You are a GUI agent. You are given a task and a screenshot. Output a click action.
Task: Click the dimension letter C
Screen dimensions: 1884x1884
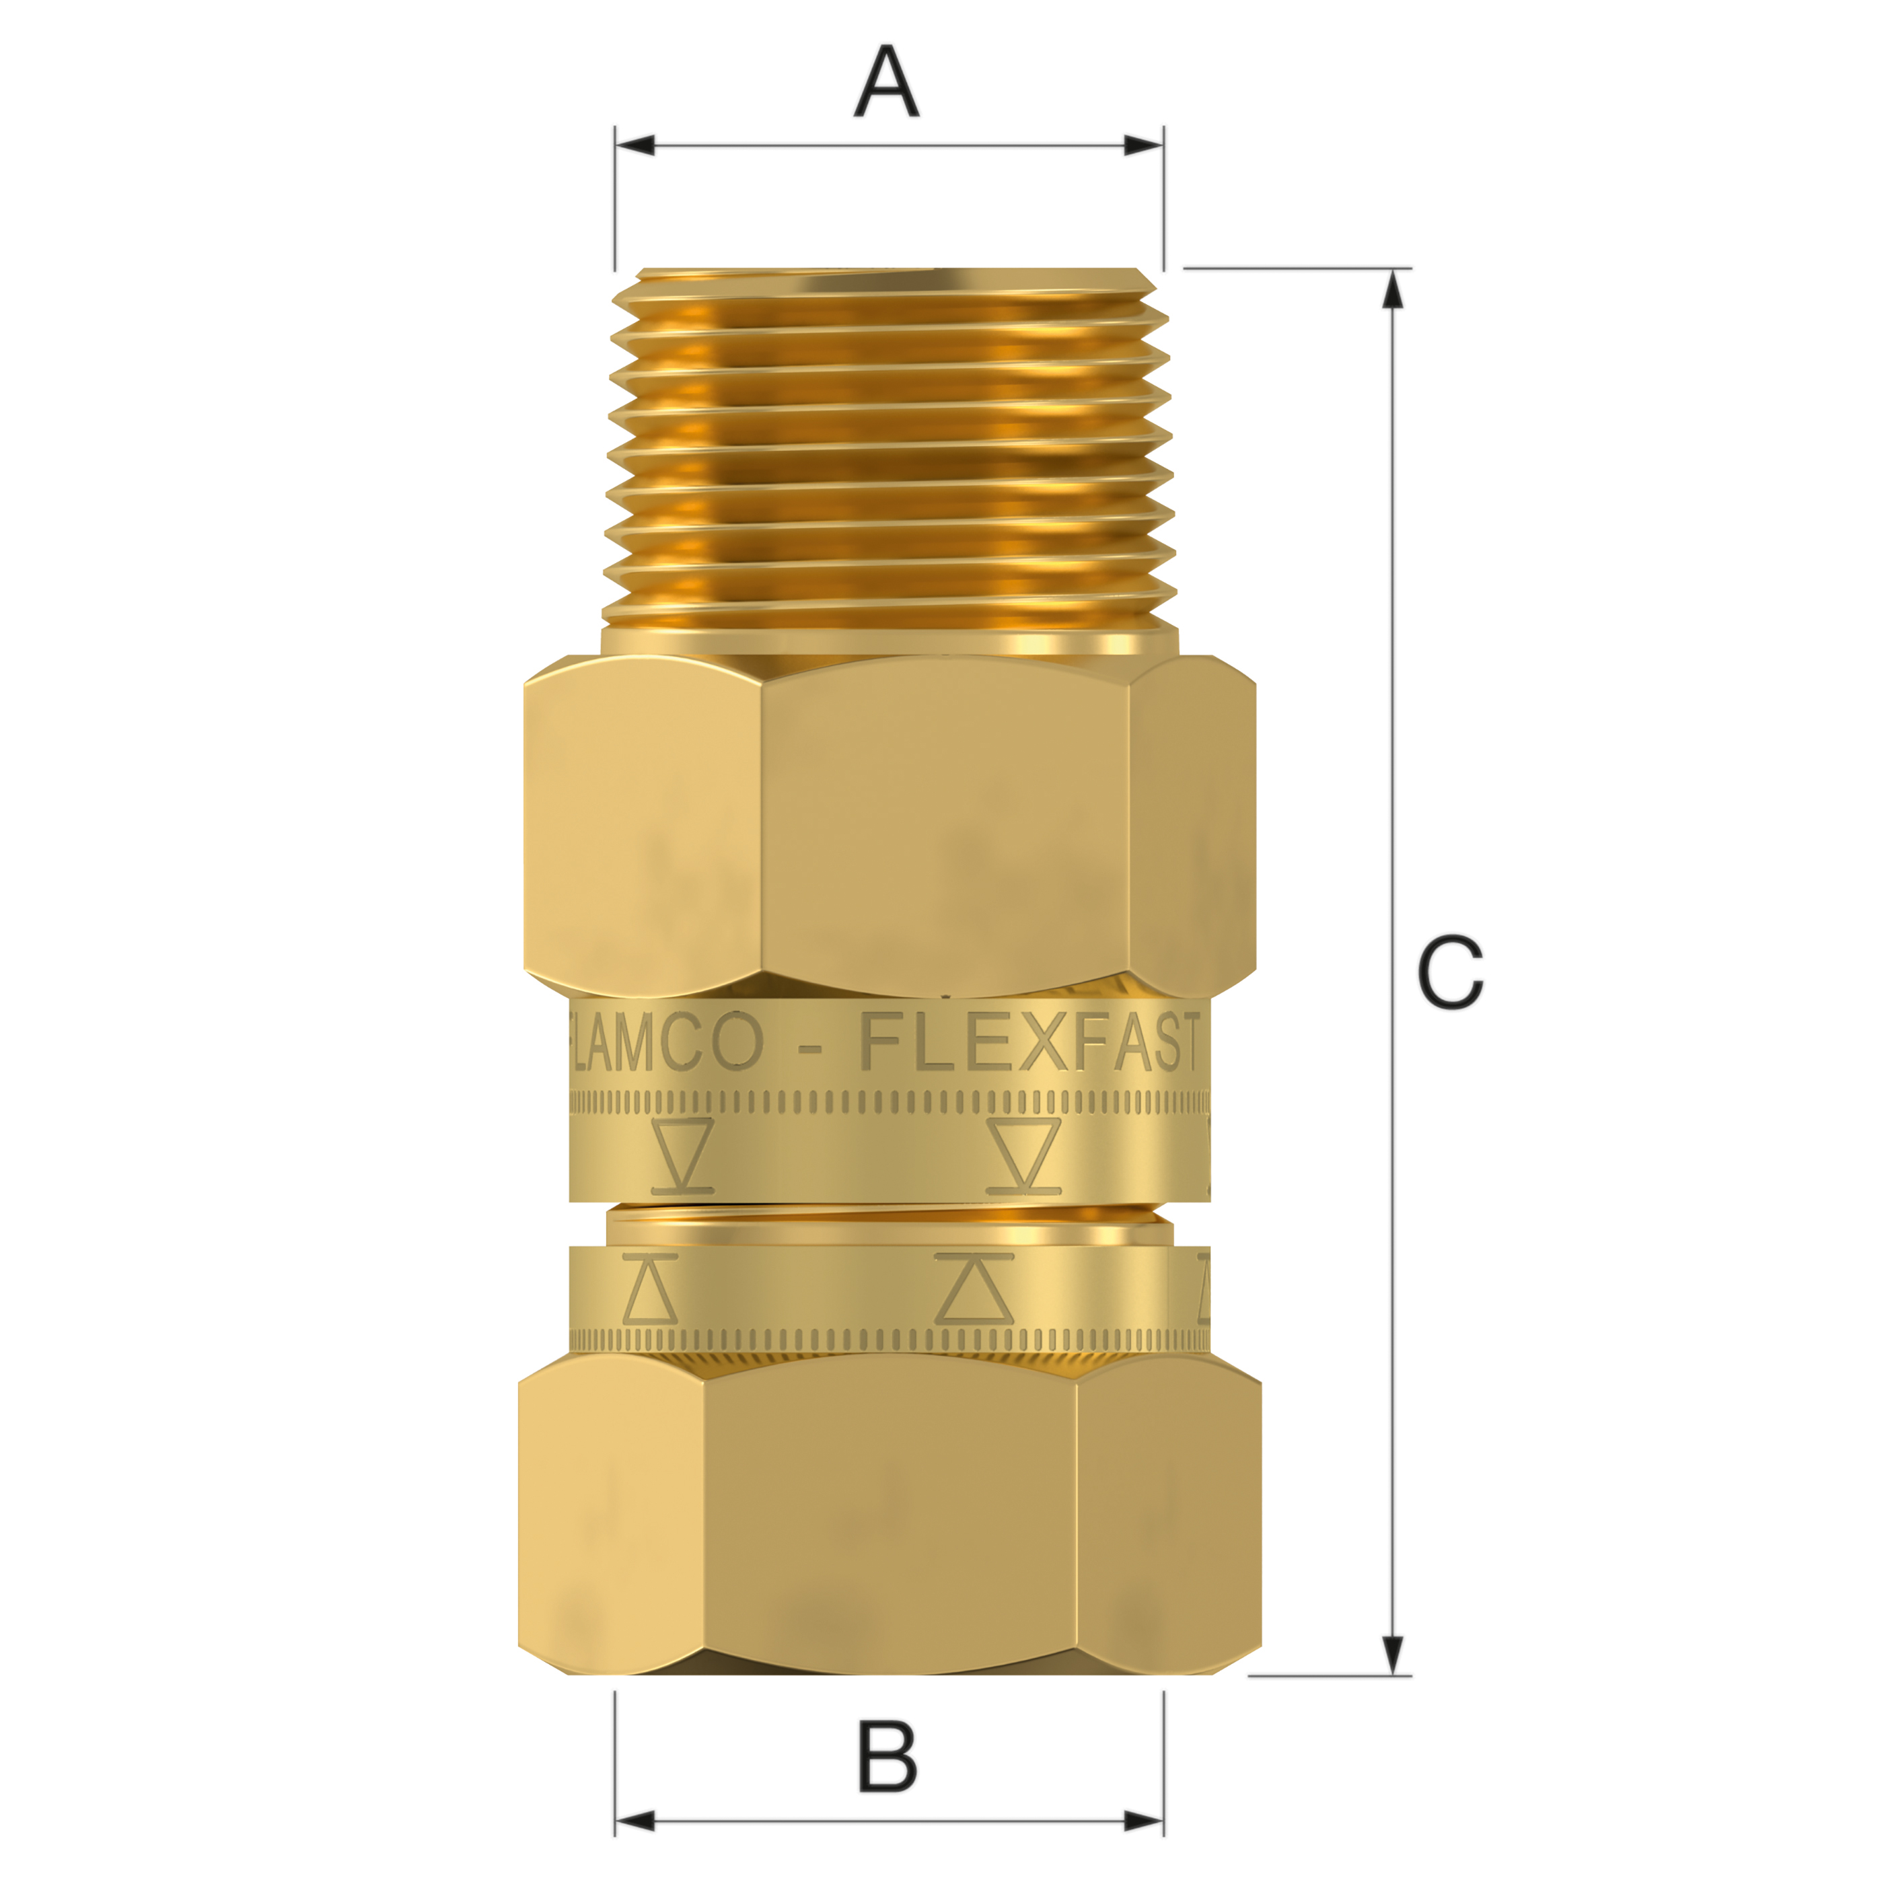[1450, 972]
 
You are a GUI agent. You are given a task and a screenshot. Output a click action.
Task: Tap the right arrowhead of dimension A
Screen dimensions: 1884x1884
[1143, 146]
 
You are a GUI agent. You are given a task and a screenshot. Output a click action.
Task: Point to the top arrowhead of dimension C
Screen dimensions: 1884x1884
[1393, 289]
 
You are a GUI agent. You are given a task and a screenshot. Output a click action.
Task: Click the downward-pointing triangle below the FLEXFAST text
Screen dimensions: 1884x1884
[1023, 1155]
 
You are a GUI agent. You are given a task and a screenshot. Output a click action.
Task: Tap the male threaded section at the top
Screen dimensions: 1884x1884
[887, 449]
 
